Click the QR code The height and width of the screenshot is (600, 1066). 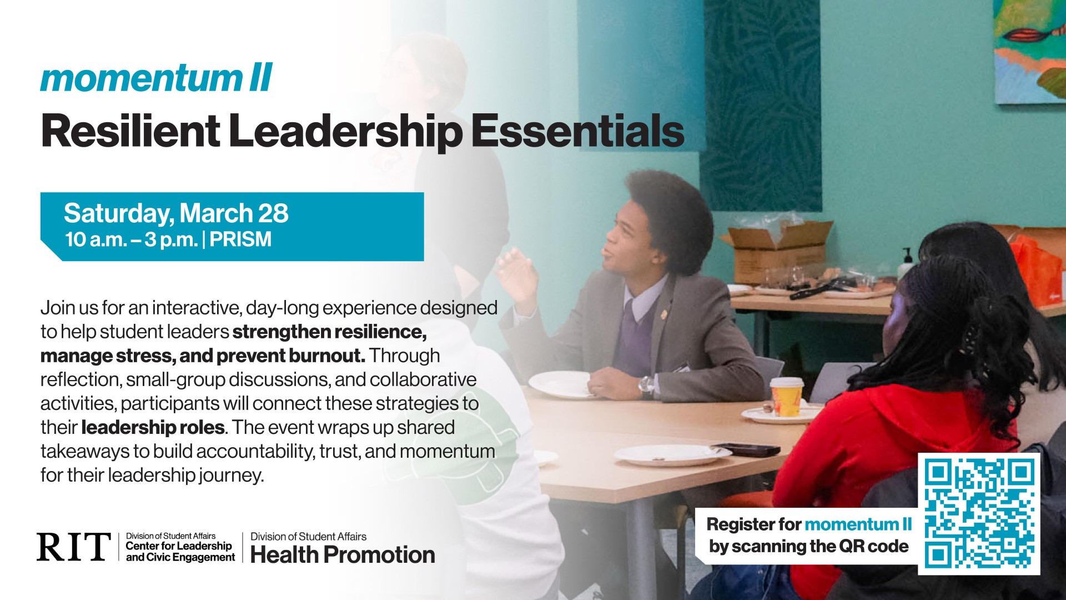click(x=979, y=513)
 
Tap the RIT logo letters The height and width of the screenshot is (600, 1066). click(x=73, y=547)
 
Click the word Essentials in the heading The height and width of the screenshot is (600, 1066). click(x=577, y=131)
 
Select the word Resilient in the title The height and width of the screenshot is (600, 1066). click(x=130, y=131)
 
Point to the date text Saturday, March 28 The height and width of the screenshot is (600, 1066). click(x=176, y=213)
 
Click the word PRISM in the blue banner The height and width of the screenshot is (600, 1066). click(x=240, y=239)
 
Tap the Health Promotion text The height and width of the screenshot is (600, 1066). click(x=343, y=554)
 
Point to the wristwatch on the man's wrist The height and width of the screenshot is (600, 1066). click(x=646, y=384)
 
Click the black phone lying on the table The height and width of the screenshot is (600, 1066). click(x=747, y=449)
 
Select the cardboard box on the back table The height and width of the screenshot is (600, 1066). click(x=777, y=253)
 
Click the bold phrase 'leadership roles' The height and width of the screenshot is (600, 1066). click(x=153, y=427)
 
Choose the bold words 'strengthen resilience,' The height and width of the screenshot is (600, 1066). click(x=329, y=332)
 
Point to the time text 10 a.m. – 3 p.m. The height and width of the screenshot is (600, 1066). click(x=131, y=239)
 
